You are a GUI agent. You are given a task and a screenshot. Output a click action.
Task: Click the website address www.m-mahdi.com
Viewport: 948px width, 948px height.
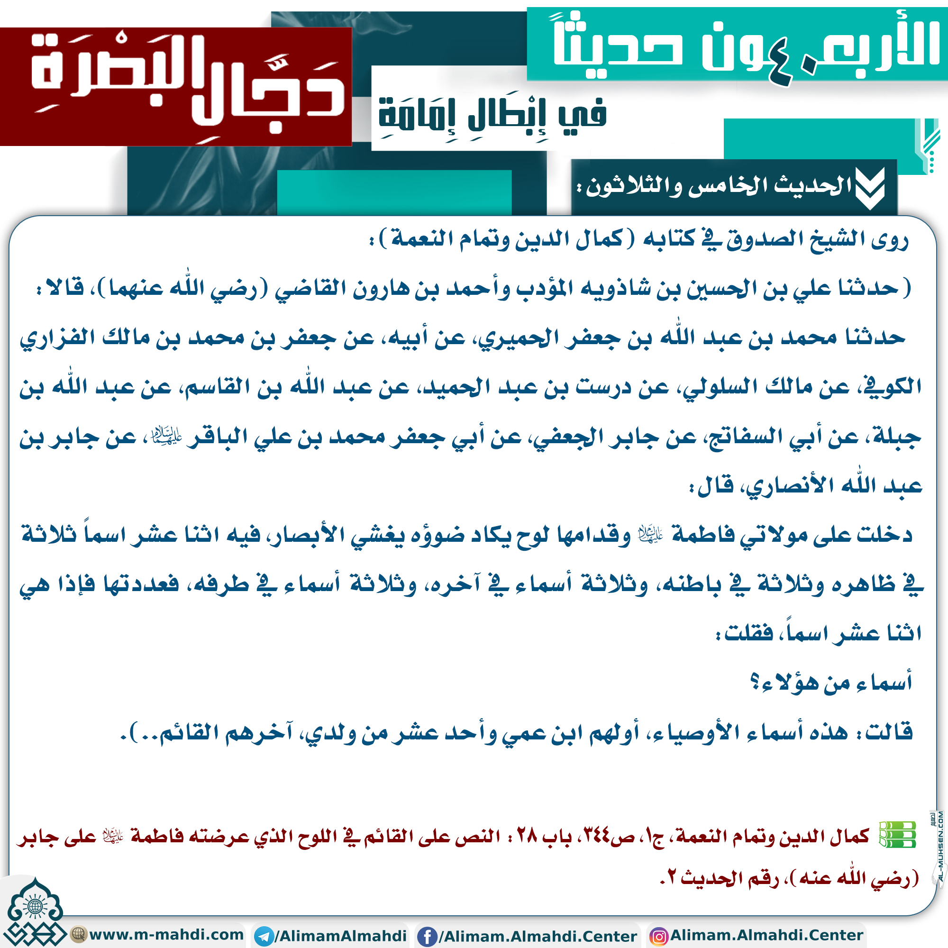[166, 934]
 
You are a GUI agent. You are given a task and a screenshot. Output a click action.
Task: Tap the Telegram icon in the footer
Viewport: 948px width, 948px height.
[264, 936]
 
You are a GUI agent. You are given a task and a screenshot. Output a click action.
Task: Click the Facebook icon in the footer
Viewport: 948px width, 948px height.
[427, 936]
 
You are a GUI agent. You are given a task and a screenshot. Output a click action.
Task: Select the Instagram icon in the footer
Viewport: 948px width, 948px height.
[658, 936]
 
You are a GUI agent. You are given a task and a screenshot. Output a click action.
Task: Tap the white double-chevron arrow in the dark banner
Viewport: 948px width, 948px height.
[869, 187]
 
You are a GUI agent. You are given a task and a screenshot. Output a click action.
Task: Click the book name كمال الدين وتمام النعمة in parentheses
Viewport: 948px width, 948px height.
[506, 239]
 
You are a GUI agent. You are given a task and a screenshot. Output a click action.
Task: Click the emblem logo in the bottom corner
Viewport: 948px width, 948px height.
[34, 916]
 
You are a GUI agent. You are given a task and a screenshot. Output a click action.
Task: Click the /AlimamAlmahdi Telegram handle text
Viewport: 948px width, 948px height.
[340, 936]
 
